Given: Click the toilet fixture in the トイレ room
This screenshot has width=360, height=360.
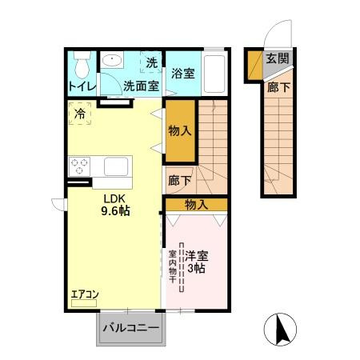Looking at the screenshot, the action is pyautogui.click(x=82, y=65).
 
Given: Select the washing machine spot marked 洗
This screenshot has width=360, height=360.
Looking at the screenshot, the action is pyautogui.click(x=151, y=62).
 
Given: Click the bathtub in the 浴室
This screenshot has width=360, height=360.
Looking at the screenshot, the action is pyautogui.click(x=214, y=74).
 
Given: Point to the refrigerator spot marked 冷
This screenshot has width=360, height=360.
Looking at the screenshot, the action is pyautogui.click(x=80, y=114).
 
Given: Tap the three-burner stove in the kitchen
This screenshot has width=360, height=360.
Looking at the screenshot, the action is pyautogui.click(x=80, y=166).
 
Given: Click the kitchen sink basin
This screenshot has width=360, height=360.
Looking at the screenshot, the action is pyautogui.click(x=116, y=166).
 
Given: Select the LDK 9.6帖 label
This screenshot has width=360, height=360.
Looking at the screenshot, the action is pyautogui.click(x=115, y=205).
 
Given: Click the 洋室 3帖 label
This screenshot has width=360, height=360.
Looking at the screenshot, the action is pyautogui.click(x=197, y=262).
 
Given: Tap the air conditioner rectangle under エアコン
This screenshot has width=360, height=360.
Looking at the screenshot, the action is pyautogui.click(x=84, y=303).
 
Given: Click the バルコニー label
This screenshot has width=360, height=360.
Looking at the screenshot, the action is pyautogui.click(x=131, y=328).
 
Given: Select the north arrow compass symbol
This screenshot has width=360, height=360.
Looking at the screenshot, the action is pyautogui.click(x=280, y=330).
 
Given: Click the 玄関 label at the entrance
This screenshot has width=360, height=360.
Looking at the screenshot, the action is pyautogui.click(x=278, y=58).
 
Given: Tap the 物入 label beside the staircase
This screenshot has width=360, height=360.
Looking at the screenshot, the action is pyautogui.click(x=180, y=131).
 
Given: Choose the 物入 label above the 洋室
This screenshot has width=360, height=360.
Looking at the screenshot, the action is pyautogui.click(x=197, y=205).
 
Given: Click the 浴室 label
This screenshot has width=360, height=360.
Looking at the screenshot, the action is pyautogui.click(x=183, y=74).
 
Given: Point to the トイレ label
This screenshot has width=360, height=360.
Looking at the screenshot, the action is pyautogui.click(x=82, y=86).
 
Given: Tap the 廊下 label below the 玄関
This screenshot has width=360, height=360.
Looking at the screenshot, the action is pyautogui.click(x=278, y=87).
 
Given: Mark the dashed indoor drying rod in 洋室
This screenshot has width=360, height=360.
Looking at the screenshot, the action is pyautogui.click(x=182, y=267).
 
